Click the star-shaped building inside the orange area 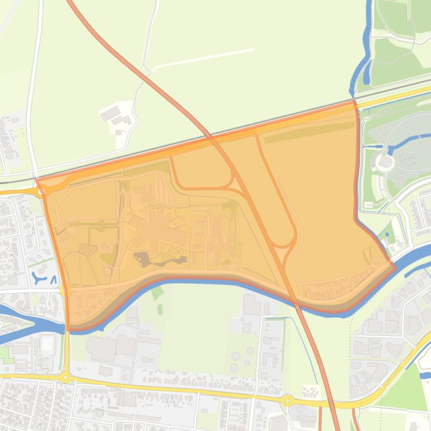152,230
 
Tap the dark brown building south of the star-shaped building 141,259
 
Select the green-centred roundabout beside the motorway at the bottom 288,400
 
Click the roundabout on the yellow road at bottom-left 66,378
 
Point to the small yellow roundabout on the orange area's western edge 62,289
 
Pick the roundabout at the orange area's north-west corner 40,191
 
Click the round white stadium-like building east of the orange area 385,162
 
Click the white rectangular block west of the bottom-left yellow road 47,344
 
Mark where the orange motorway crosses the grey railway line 207,134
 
